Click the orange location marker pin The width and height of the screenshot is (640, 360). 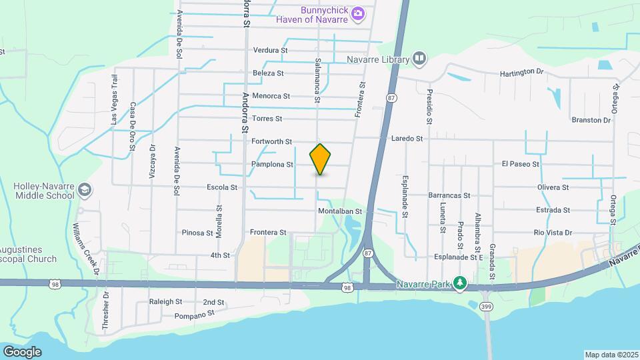tap(321, 159)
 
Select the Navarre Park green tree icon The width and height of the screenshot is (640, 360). tap(459, 283)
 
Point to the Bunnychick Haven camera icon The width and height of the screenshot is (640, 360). tap(358, 13)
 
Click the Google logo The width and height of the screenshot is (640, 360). tap(22, 351)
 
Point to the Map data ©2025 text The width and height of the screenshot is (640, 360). tap(611, 355)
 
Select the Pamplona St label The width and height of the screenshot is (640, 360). tap(273, 164)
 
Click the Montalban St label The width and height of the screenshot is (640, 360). tap(339, 211)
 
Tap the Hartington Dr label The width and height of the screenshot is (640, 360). tap(527, 71)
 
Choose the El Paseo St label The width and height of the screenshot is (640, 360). tap(520, 163)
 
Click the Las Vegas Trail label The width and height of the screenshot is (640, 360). tap(114, 109)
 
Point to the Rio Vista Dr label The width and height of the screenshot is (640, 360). tap(553, 233)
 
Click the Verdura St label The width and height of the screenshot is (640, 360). tap(270, 50)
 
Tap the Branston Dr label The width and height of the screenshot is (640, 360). tap(591, 121)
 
